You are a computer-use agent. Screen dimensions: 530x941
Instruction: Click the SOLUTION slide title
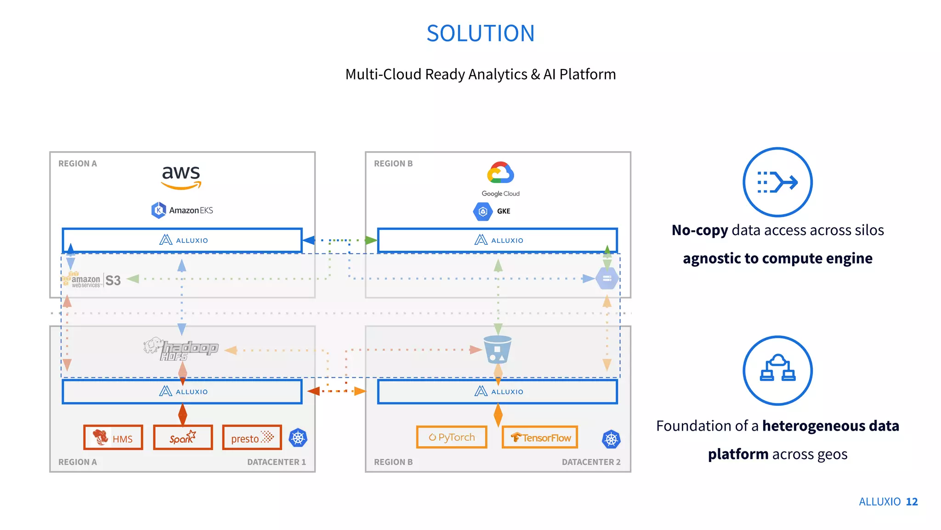(480, 34)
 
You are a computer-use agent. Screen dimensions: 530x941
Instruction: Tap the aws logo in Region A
(181, 177)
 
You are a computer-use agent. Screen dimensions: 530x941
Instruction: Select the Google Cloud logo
(500, 179)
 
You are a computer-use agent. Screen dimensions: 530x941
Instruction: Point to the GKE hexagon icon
(482, 211)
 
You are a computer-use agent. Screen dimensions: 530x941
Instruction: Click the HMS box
(113, 438)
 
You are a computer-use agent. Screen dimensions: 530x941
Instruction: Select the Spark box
(183, 438)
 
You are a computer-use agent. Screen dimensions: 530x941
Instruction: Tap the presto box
(252, 438)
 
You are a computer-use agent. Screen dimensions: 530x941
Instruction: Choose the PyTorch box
(452, 437)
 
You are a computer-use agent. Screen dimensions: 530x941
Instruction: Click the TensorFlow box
(540, 437)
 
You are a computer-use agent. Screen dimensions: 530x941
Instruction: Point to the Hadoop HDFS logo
(181, 349)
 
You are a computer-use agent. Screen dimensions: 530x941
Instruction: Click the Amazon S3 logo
(92, 280)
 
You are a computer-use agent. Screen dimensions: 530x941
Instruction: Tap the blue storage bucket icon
(498, 350)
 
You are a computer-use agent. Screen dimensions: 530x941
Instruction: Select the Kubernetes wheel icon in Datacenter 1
(298, 438)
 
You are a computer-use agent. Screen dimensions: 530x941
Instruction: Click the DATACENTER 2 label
(591, 462)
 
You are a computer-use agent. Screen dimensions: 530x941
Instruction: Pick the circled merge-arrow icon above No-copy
(777, 182)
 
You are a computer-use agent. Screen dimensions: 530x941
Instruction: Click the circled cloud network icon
(777, 370)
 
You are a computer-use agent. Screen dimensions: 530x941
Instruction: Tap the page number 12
(912, 501)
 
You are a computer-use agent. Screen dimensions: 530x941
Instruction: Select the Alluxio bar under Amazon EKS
(182, 240)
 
